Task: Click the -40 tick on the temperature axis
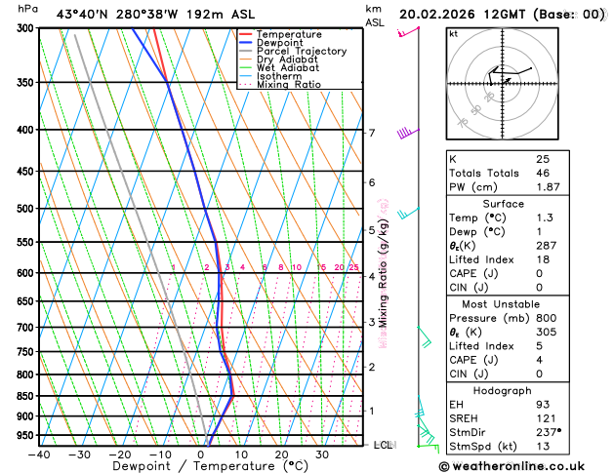click(x=39, y=454)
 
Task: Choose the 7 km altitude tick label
click(x=371, y=133)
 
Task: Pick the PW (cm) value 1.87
click(x=546, y=187)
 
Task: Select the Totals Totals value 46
click(x=542, y=173)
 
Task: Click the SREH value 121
click(x=544, y=417)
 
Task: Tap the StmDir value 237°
click(x=547, y=432)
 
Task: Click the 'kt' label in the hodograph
click(x=453, y=33)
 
